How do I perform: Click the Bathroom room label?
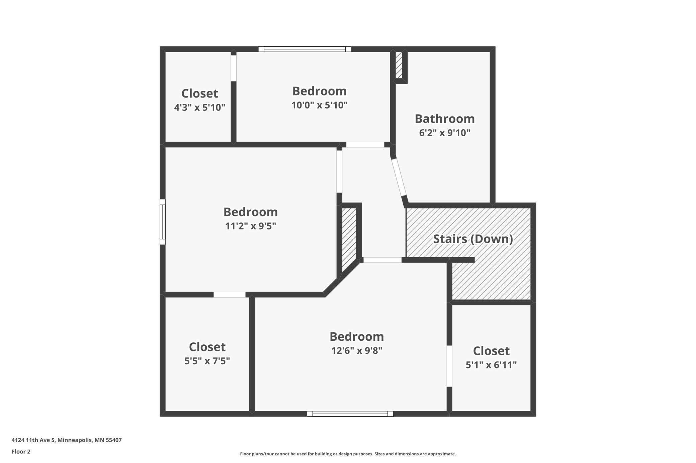[x=445, y=119]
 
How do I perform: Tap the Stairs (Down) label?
[x=473, y=239]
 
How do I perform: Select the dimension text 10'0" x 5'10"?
[x=320, y=105]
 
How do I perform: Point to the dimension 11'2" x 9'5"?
[x=251, y=226]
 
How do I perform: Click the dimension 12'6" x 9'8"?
[x=357, y=350]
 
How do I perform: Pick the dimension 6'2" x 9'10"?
[x=445, y=133]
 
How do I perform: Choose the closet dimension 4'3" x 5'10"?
[x=200, y=108]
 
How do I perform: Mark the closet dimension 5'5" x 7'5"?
[x=207, y=361]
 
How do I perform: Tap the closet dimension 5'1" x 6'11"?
[x=491, y=365]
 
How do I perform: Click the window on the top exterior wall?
[x=304, y=49]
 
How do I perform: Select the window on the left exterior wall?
[x=163, y=222]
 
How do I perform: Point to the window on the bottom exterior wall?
[x=350, y=414]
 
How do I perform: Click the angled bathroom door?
[x=399, y=177]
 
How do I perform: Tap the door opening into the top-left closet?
[x=234, y=68]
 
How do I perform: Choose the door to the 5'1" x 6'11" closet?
[x=449, y=366]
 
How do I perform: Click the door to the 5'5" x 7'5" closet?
[x=230, y=295]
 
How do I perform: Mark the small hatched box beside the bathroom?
[x=399, y=65]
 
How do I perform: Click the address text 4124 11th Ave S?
[x=33, y=440]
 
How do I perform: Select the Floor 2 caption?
[x=21, y=452]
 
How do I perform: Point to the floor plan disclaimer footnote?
[x=348, y=454]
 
